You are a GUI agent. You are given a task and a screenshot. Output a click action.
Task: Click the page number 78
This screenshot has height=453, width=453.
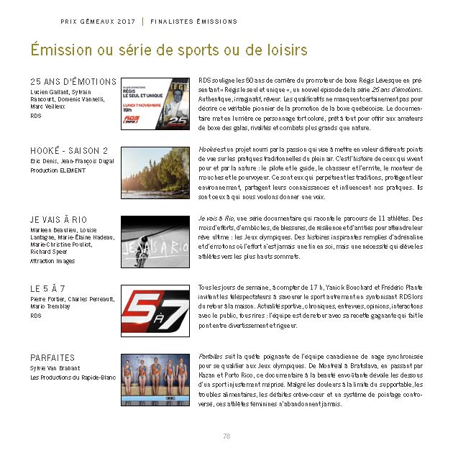click(x=226, y=436)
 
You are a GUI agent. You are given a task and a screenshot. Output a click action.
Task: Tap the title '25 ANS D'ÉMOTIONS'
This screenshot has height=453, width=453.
click(x=73, y=81)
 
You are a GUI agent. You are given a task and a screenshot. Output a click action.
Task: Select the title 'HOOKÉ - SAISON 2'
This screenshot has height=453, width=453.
click(x=69, y=150)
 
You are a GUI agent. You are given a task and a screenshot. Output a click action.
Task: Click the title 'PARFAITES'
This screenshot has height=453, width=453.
click(x=52, y=357)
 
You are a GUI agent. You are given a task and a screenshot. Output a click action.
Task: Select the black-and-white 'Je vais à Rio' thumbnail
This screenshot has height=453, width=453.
click(x=155, y=239)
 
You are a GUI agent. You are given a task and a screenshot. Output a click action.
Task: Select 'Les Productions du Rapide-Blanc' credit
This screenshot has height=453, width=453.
click(x=74, y=377)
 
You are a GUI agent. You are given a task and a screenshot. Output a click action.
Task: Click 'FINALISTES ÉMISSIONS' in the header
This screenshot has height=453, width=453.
click(x=193, y=22)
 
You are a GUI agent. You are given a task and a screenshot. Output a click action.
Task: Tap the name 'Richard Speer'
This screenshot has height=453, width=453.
click(x=49, y=252)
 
